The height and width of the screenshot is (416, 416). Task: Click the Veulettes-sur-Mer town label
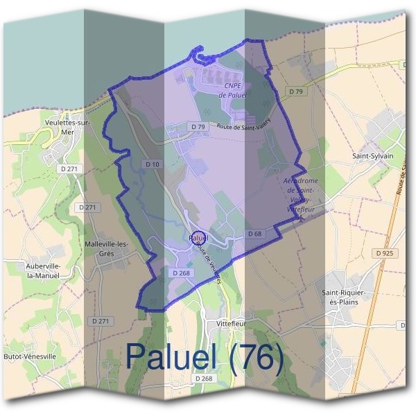67,128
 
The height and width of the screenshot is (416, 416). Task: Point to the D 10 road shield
153,163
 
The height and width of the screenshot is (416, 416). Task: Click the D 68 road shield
254,234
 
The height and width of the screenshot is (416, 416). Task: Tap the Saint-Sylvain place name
372,156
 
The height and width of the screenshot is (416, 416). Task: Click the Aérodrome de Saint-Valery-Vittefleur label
300,193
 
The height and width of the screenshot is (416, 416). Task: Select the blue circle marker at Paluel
198,239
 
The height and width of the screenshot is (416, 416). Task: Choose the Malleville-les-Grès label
106,248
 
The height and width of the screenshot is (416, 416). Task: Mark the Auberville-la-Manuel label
44,270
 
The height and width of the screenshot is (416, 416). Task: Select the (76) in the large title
257,358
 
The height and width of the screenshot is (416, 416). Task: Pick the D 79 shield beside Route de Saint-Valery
198,127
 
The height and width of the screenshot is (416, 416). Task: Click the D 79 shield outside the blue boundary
297,92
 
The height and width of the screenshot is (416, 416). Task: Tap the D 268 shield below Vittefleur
203,379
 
